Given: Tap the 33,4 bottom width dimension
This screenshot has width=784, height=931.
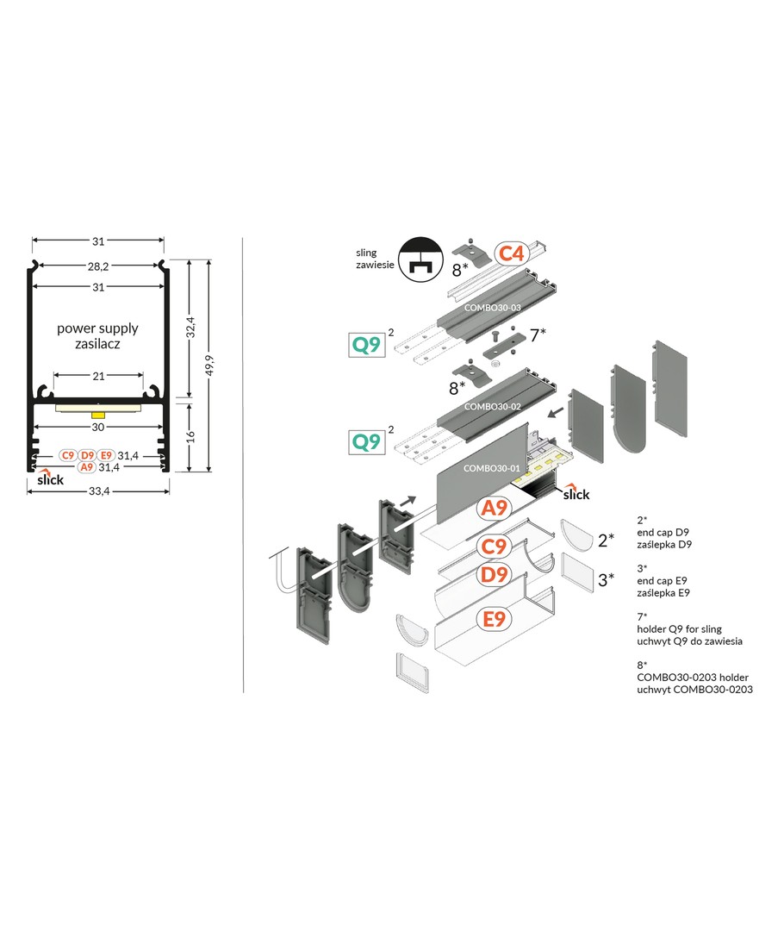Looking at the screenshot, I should (98, 490).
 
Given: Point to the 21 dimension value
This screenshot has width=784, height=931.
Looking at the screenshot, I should (98, 376).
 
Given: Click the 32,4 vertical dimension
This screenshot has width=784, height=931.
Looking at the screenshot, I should (190, 328).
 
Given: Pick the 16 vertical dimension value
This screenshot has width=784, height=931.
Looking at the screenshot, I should (190, 435).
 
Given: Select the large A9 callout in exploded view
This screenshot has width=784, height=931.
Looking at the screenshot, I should (493, 509).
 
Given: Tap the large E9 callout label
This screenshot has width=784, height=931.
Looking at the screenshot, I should (493, 618).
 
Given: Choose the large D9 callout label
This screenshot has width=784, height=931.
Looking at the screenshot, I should (493, 575).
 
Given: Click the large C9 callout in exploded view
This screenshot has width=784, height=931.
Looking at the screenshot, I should (493, 545).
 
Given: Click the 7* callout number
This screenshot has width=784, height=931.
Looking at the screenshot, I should (538, 335).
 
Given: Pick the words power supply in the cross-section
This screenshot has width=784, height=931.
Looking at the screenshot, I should (97, 328).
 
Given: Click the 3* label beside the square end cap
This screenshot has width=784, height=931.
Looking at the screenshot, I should (607, 579).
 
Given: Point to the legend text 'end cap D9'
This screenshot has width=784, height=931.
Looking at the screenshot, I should (665, 532).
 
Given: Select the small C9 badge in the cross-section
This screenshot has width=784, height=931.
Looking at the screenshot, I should (68, 455).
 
